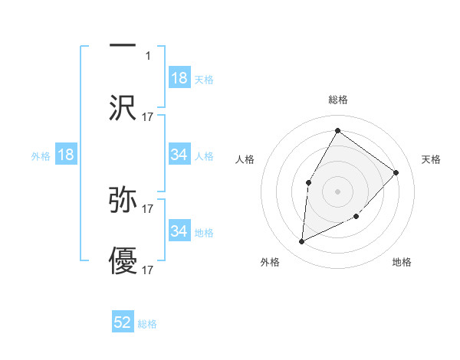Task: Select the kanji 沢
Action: pos(123,108)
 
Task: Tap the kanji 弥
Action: pos(123,200)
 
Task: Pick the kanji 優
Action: pos(123,262)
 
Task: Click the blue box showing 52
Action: pos(123,322)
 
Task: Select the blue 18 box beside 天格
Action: pos(179,78)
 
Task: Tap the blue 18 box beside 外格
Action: pos(66,155)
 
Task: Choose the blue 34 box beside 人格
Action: pos(179,155)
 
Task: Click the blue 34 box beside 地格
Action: pos(179,231)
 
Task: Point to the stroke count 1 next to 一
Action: pos(148,55)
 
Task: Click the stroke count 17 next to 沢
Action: pos(148,116)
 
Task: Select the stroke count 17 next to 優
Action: pos(148,270)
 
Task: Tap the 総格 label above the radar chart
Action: pos(337,100)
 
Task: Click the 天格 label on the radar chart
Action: pos(431,159)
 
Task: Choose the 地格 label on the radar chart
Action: pos(402,262)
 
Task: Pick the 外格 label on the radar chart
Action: pos(270,262)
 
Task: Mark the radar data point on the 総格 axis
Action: pos(337,130)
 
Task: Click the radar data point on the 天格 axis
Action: pos(396,172)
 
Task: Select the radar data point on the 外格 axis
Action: pos(301,242)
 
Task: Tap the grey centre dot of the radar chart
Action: pos(337,191)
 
